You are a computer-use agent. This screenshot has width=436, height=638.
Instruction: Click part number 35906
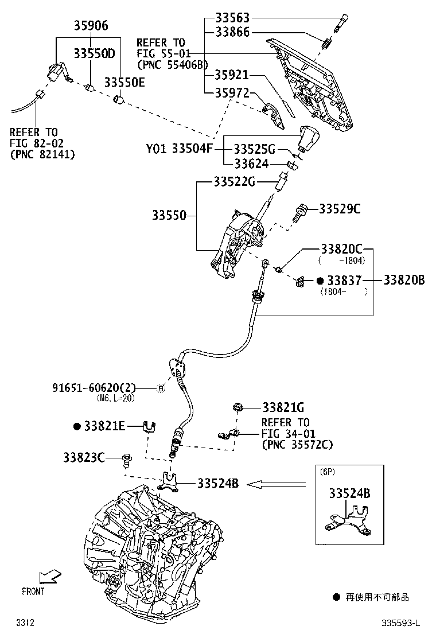[x=90, y=25]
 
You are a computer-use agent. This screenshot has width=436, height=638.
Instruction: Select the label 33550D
[x=94, y=53]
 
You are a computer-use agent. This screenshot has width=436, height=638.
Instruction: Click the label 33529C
[x=340, y=209]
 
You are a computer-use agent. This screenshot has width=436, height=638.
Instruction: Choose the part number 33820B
[x=404, y=280]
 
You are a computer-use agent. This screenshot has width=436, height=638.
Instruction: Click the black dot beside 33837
[x=321, y=281]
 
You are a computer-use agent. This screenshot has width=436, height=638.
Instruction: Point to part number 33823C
[x=84, y=457]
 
